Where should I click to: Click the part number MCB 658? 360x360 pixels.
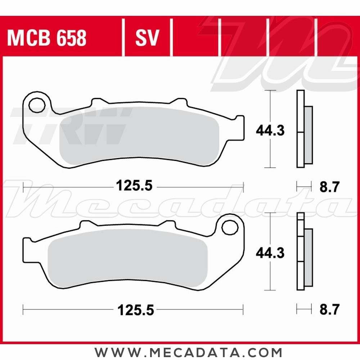click(47, 38)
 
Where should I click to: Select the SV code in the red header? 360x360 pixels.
click(147, 38)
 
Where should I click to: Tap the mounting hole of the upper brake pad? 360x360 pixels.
click(36, 105)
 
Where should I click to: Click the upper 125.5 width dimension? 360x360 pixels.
click(134, 186)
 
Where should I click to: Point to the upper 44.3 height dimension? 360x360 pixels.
click(270, 130)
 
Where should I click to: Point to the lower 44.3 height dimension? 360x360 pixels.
click(270, 253)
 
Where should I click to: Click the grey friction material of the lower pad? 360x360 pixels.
click(126, 259)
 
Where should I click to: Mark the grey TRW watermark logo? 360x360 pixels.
click(68, 126)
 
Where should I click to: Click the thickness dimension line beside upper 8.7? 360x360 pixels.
click(303, 186)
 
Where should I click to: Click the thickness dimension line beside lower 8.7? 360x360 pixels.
click(303, 309)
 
